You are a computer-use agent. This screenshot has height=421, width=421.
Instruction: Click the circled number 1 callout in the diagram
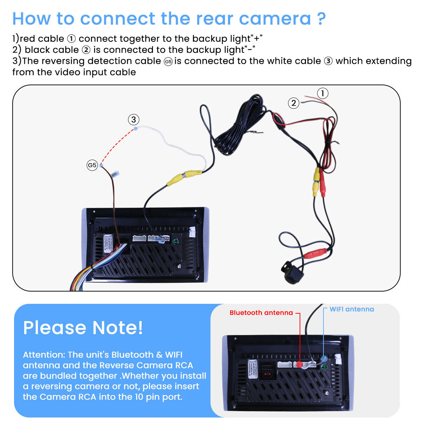pos(323,93)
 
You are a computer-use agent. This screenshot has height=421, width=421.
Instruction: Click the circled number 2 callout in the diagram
pos(294,103)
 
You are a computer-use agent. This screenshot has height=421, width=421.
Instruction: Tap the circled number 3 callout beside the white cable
pos(133,120)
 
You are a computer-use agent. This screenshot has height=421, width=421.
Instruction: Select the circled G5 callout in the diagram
pos(92,165)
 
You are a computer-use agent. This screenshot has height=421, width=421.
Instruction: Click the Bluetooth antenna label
pos(261,313)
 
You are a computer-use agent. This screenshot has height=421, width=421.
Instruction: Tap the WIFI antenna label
pos(352,309)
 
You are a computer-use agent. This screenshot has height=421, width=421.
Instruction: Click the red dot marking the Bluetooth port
pos(299,365)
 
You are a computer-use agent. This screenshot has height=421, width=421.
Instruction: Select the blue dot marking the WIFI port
pos(324,359)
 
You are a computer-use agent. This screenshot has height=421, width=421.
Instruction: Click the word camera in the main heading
pos(275,19)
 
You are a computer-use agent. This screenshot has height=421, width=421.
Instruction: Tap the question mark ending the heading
pos(321,19)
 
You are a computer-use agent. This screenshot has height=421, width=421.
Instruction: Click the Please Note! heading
pos(83,328)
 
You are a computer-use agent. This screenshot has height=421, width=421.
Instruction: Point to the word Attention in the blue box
pos(44,355)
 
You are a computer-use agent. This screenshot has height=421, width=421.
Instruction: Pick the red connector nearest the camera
pos(315,253)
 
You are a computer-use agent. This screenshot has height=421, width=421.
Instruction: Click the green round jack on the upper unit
pos(175,241)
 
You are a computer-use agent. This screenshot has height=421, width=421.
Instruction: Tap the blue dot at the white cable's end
pos(136,129)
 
